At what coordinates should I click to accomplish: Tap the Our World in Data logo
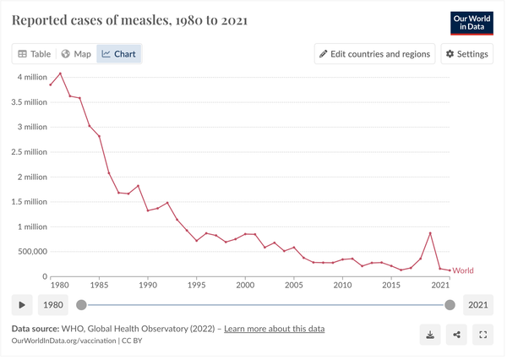(472, 23)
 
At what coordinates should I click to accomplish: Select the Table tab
(35, 54)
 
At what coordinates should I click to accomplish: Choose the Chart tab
(118, 54)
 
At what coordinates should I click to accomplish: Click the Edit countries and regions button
(374, 54)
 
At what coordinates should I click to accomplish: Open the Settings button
(466, 54)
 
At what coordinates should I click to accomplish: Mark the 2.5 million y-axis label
(25, 152)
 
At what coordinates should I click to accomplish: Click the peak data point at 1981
(60, 74)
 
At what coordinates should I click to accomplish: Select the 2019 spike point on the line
(430, 233)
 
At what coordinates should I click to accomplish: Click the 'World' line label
(463, 270)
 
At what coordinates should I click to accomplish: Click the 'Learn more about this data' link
(274, 329)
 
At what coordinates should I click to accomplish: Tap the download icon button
(430, 335)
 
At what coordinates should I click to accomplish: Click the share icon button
(456, 335)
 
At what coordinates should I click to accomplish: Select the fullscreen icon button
(482, 335)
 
